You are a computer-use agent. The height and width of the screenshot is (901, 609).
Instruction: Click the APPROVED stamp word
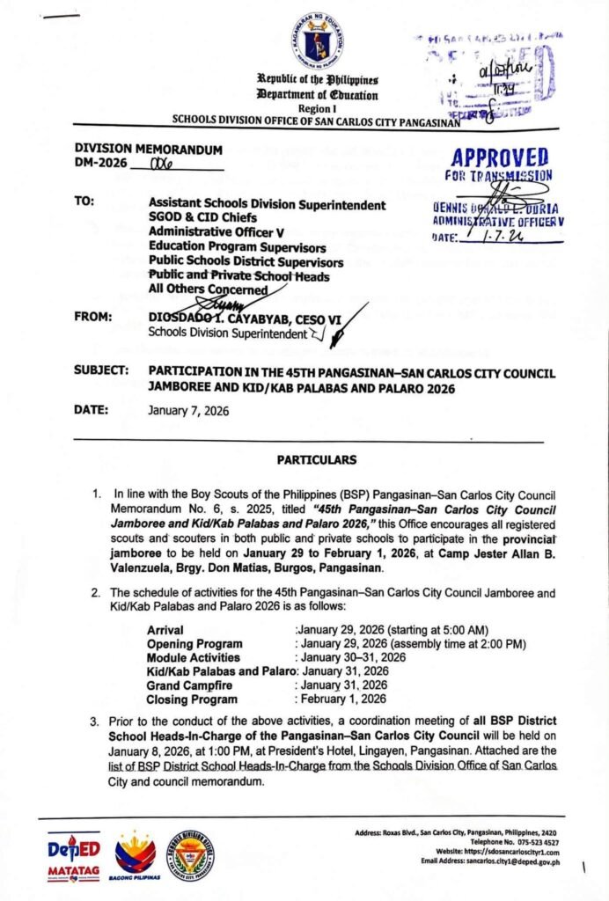498,159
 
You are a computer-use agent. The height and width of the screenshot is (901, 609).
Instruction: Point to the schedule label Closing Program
191,699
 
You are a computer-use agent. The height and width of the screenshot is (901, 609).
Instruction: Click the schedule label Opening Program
194,644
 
